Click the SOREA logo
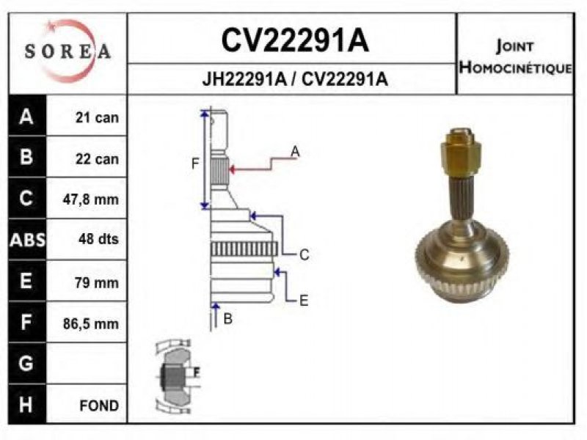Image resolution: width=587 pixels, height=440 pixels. pyautogui.click(x=68, y=51)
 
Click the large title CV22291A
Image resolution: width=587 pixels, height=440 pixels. pyautogui.click(x=294, y=41)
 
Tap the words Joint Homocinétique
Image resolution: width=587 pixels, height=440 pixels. pyautogui.click(x=514, y=57)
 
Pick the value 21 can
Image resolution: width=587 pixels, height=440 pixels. pyautogui.click(x=97, y=118)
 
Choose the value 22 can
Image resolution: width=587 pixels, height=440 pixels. pyautogui.click(x=97, y=158)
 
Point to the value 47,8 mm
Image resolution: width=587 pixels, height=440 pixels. pyautogui.click(x=92, y=199)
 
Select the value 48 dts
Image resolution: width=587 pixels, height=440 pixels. pyautogui.click(x=97, y=239)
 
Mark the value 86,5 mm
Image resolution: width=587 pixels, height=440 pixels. pyautogui.click(x=92, y=323)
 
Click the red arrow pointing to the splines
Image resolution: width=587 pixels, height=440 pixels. pyautogui.click(x=249, y=169)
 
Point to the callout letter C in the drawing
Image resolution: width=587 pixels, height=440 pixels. pyautogui.click(x=304, y=254)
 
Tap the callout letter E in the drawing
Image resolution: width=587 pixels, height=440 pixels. pyautogui.click(x=304, y=299)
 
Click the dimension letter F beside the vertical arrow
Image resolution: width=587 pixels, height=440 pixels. pyautogui.click(x=195, y=164)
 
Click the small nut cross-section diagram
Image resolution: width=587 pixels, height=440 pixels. pyautogui.click(x=176, y=375)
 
